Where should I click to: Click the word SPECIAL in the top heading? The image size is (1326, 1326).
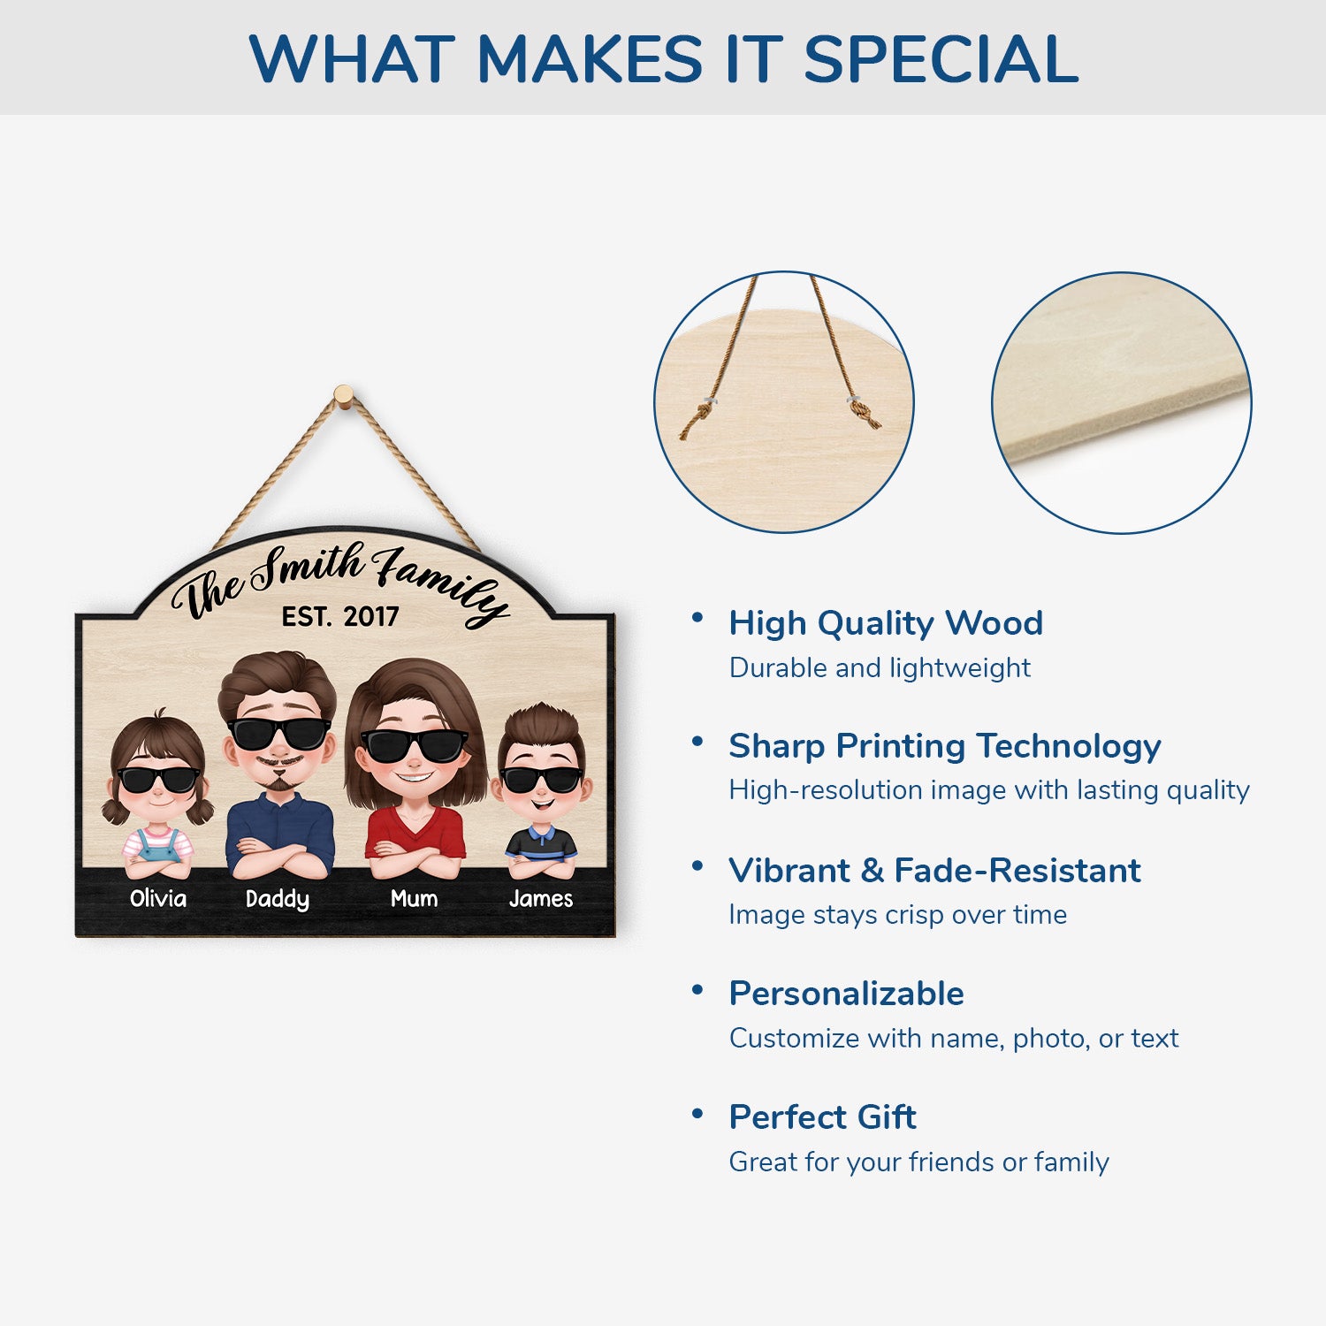pyautogui.click(x=941, y=59)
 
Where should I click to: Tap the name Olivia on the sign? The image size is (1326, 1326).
pyautogui.click(x=158, y=898)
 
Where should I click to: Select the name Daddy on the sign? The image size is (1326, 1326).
pyautogui.click(x=278, y=900)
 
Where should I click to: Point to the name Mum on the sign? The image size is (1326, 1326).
pyautogui.click(x=414, y=898)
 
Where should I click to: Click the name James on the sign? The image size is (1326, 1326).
pyautogui.click(x=541, y=898)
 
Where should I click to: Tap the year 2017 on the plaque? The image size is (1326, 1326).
pyautogui.click(x=371, y=616)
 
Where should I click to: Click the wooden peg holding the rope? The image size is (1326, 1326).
pyautogui.click(x=344, y=395)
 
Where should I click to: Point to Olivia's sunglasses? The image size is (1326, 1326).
pyautogui.click(x=158, y=780)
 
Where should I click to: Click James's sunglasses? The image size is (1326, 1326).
pyautogui.click(x=542, y=780)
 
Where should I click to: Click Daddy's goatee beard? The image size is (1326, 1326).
pyautogui.click(x=278, y=783)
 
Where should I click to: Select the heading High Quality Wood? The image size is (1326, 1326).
pyautogui.click(x=886, y=624)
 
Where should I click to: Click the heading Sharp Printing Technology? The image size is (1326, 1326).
pyautogui.click(x=945, y=747)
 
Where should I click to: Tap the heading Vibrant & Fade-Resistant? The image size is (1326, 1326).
pyautogui.click(x=934, y=871)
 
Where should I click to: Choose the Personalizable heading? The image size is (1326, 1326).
pyautogui.click(x=846, y=994)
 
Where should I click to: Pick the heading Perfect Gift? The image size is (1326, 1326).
pyautogui.click(x=822, y=1117)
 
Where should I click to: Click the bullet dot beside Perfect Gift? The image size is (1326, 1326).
pyautogui.click(x=697, y=1113)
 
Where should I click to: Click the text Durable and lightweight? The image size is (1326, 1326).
pyautogui.click(x=880, y=667)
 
